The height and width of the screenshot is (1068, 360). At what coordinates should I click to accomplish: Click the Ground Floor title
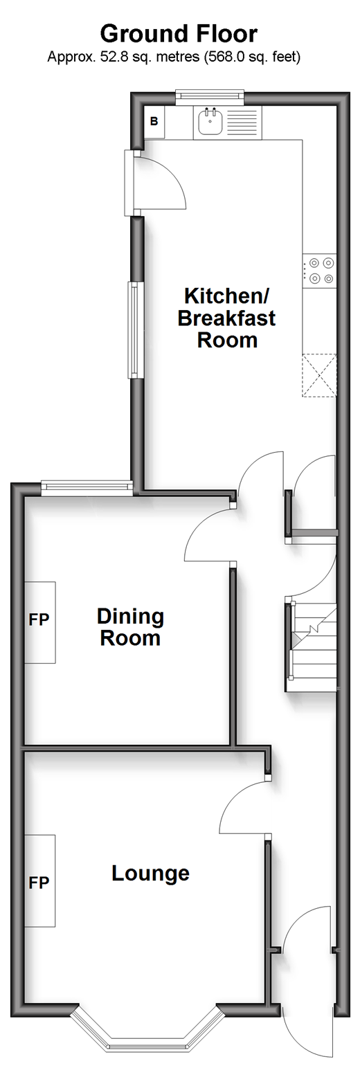tap(179, 35)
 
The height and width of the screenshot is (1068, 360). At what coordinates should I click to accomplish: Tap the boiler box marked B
tap(154, 122)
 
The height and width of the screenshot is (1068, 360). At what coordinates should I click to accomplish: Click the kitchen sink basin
tap(210, 122)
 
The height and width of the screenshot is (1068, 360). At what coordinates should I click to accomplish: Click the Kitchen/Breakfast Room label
tap(227, 318)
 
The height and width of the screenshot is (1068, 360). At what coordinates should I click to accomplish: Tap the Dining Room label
tap(130, 628)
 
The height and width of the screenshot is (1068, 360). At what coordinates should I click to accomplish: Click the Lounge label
tap(151, 874)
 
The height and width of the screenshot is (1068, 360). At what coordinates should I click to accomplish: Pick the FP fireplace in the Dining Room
tap(39, 622)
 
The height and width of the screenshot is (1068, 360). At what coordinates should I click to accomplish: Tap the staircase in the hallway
tap(312, 647)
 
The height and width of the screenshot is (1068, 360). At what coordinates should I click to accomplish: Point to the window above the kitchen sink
tap(210, 97)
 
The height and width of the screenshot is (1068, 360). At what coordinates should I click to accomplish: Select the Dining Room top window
tap(87, 486)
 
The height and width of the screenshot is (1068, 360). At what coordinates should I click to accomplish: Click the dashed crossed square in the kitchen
tap(320, 375)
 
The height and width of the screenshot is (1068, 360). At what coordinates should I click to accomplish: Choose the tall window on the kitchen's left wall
tap(136, 329)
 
